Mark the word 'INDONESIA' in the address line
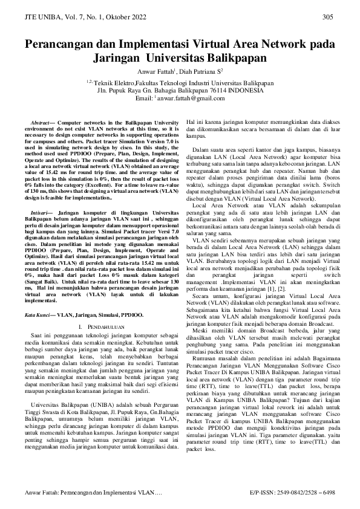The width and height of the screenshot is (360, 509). click(245, 89)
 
